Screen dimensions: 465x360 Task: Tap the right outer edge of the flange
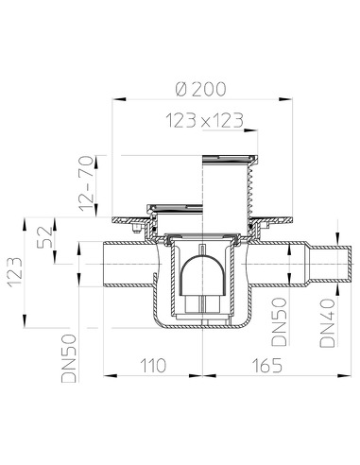[x=286, y=222]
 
